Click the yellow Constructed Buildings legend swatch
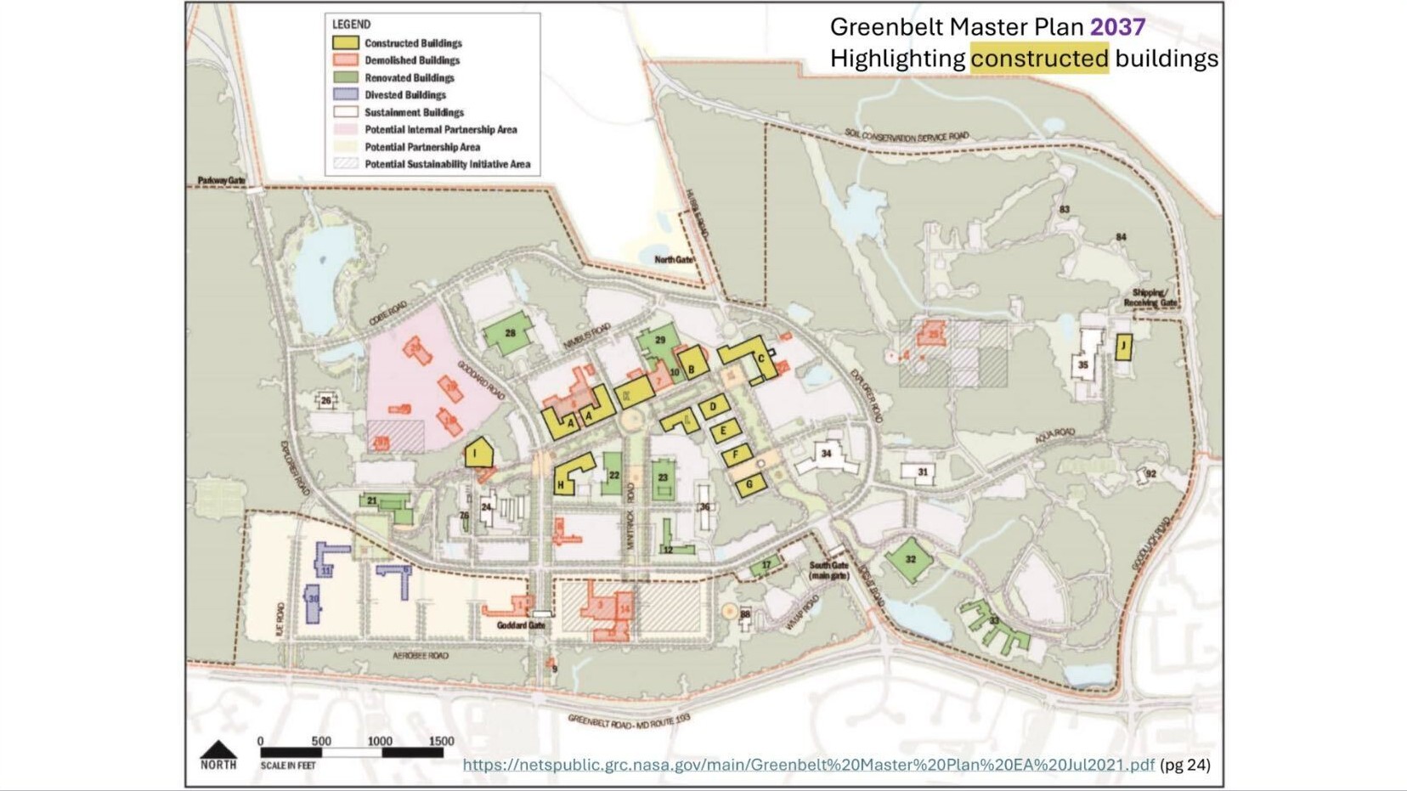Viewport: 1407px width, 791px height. click(345, 42)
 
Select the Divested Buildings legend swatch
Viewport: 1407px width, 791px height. click(345, 94)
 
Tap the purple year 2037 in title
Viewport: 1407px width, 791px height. click(1117, 27)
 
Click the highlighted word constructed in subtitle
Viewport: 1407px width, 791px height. click(1039, 59)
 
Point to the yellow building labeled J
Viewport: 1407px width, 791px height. click(1123, 347)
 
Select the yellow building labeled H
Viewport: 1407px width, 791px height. click(572, 475)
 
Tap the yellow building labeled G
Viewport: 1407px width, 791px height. click(749, 485)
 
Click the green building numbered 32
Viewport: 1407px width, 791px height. click(910, 559)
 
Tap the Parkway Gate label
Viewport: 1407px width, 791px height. click(221, 180)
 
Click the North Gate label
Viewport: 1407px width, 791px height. click(674, 259)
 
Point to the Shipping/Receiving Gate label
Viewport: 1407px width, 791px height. click(1150, 297)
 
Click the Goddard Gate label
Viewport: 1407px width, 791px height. click(520, 625)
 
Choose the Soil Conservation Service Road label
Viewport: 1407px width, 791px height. click(906, 136)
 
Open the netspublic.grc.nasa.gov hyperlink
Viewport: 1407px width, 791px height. click(807, 765)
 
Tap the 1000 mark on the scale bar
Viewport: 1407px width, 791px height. click(380, 742)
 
